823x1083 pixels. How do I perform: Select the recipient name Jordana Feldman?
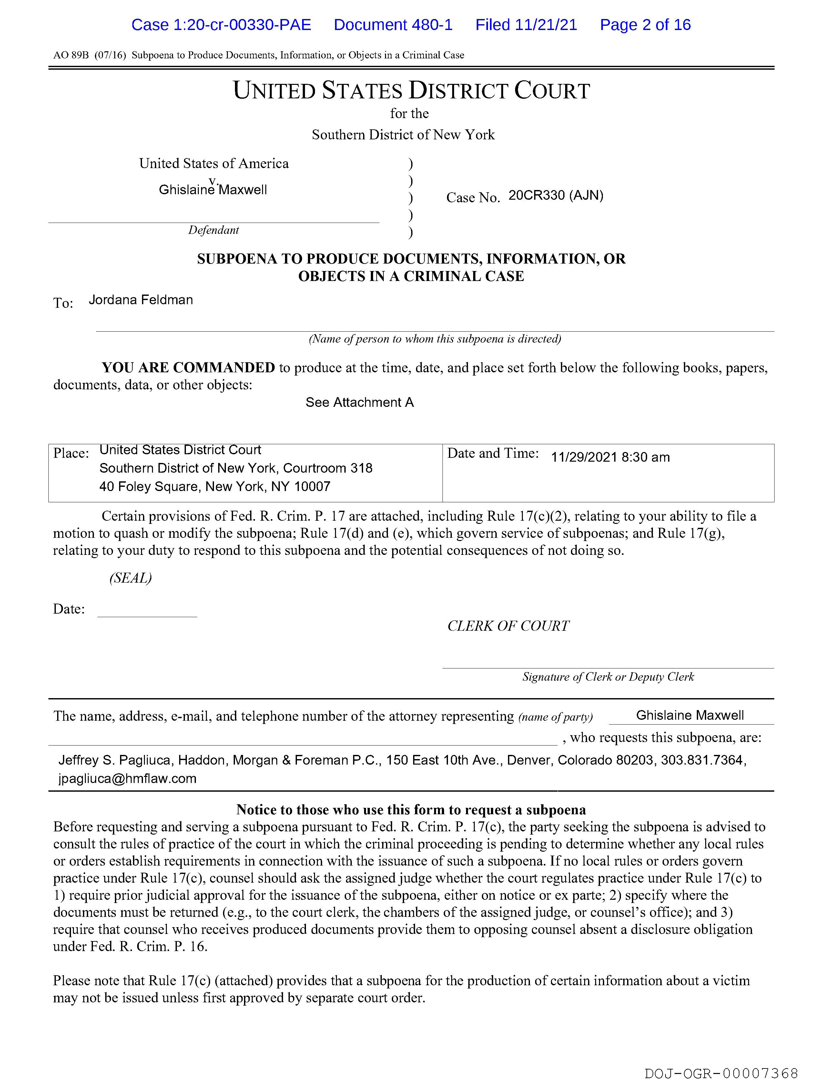click(x=141, y=300)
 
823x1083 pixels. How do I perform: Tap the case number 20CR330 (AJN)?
click(x=555, y=196)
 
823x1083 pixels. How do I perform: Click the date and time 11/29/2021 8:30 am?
click(x=610, y=457)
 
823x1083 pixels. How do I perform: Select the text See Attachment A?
click(x=360, y=402)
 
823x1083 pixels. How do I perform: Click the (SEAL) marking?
click(x=130, y=578)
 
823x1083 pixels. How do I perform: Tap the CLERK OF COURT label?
click(x=508, y=626)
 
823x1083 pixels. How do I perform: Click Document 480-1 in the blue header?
click(x=393, y=25)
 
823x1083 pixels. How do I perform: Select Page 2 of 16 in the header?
click(x=645, y=25)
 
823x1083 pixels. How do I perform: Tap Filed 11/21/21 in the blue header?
click(x=526, y=25)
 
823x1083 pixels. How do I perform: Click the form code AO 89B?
click(x=71, y=55)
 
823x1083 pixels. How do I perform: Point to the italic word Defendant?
click(x=214, y=230)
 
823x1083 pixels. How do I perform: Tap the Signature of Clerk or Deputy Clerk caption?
click(x=608, y=677)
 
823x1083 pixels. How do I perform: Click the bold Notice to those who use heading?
click(x=411, y=810)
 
